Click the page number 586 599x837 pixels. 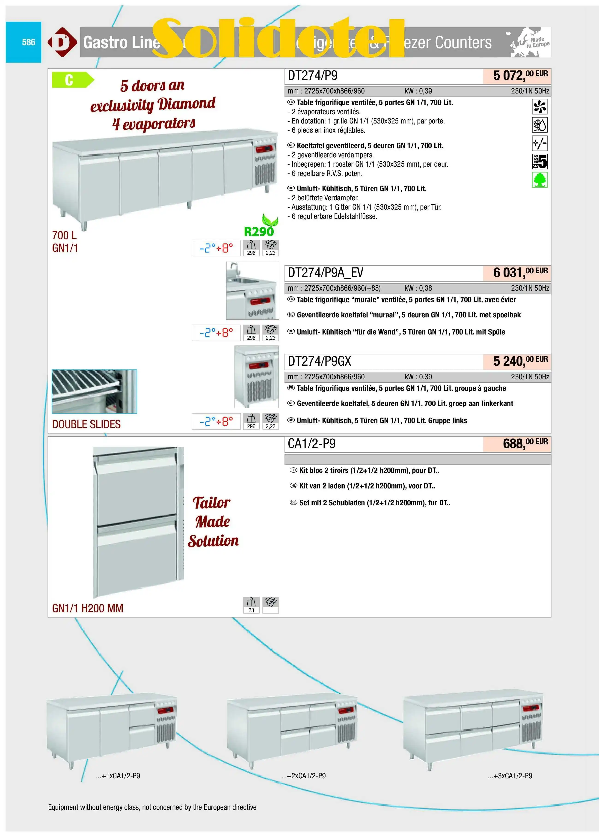point(28,42)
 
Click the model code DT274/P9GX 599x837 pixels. point(319,361)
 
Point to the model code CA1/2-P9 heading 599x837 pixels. point(311,444)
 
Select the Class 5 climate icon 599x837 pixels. point(540,162)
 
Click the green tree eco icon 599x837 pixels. point(540,180)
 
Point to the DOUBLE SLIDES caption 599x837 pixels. point(86,425)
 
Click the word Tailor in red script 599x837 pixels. point(211,503)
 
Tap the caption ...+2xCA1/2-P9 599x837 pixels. point(303,776)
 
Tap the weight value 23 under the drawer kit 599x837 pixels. point(251,610)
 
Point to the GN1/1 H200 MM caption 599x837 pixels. point(88,608)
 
